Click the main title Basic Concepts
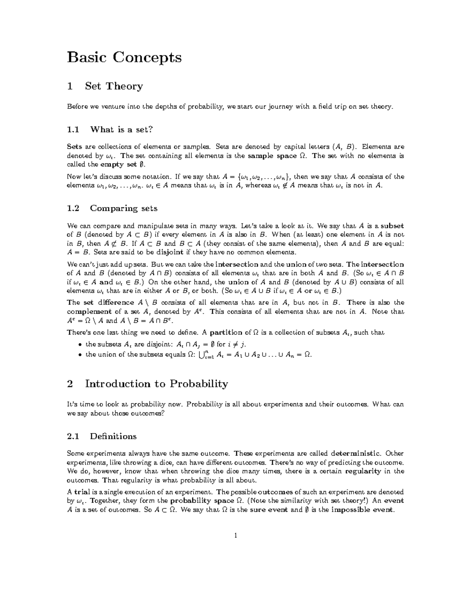(x=124, y=57)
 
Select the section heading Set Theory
(x=114, y=86)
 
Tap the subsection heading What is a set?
(x=121, y=130)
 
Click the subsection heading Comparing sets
(x=123, y=208)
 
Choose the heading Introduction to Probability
(x=156, y=384)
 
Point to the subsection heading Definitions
(x=113, y=436)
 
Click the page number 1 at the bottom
(x=235, y=536)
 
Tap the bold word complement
(x=89, y=312)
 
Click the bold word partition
(x=226, y=333)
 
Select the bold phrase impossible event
(x=362, y=510)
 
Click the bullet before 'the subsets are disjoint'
(x=79, y=345)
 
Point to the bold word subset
(x=392, y=226)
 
